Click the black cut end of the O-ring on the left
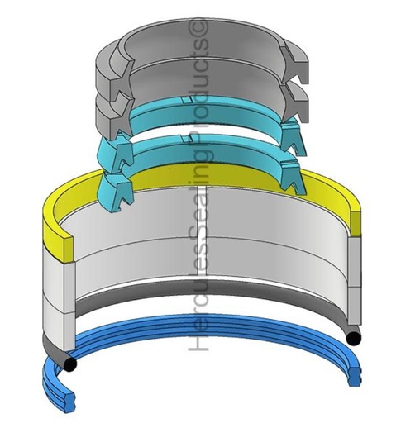click(70, 364)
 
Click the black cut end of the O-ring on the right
click(354, 339)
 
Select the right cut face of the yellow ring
click(356, 224)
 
